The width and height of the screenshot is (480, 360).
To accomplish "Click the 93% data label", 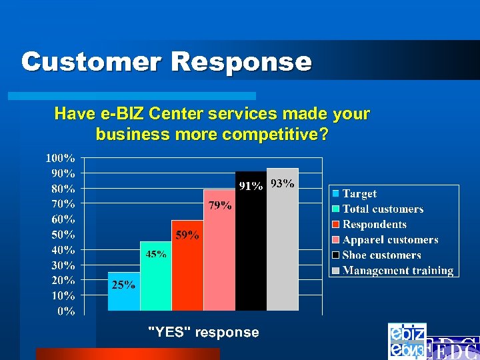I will [x=283, y=184].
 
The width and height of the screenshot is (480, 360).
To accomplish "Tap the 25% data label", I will [x=123, y=285].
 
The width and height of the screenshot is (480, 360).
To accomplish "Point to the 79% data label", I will [x=220, y=205].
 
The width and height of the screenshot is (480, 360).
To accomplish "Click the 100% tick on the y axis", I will [x=60, y=158].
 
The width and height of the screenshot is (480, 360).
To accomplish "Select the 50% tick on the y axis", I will [x=63, y=235].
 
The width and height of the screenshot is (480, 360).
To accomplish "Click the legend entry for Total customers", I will [x=383, y=209].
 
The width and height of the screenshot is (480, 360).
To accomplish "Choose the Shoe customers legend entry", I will [x=381, y=255].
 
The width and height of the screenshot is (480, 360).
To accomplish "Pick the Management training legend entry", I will [x=397, y=271].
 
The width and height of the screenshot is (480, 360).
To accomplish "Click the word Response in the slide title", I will [x=242, y=62].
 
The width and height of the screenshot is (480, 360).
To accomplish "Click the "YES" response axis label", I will [x=203, y=332].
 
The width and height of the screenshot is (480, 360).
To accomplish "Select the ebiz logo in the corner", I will [x=407, y=341].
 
